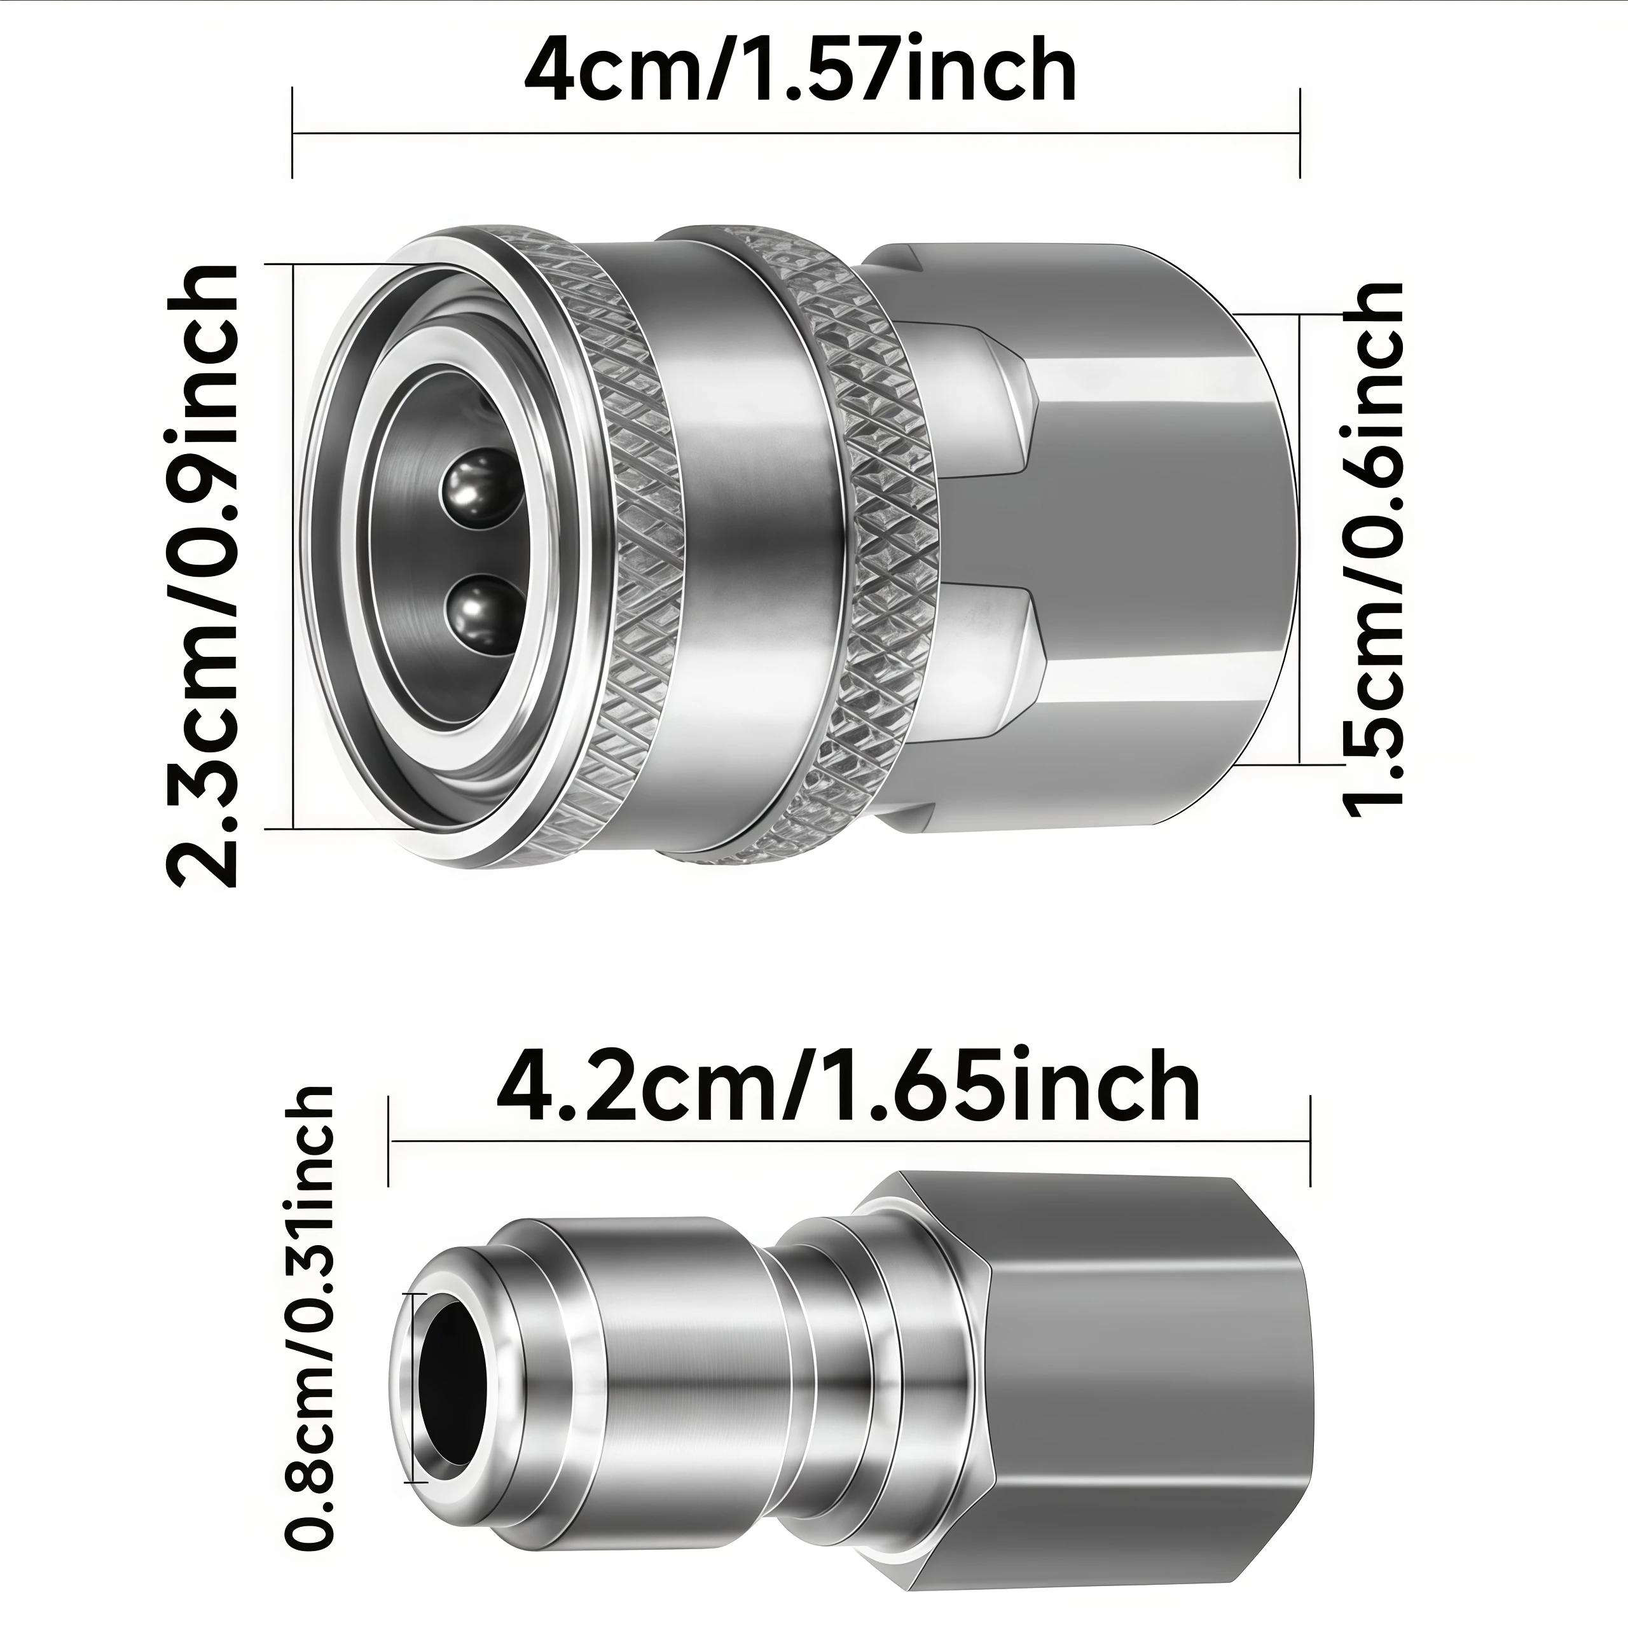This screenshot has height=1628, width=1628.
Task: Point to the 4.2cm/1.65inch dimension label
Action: pos(848,1086)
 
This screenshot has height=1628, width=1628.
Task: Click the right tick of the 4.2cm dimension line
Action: pos(1310,1141)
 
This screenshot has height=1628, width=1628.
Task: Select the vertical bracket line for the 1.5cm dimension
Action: pos(1300,539)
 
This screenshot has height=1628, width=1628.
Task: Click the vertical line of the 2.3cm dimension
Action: pos(293,548)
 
